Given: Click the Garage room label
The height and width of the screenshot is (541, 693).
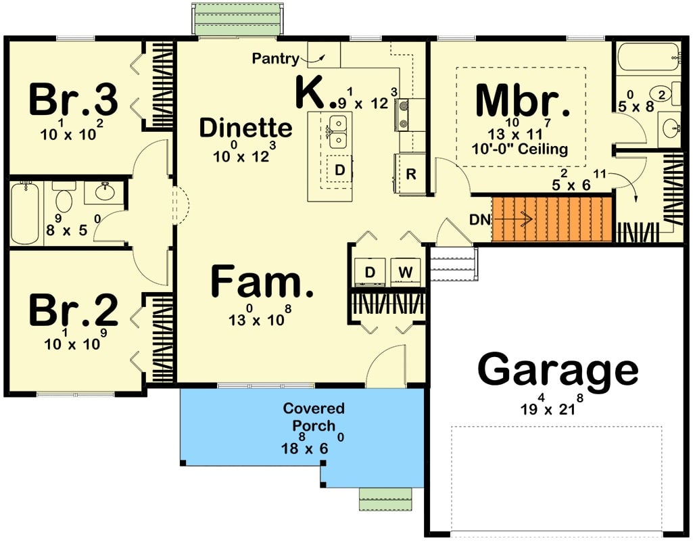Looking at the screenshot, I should point(558,371).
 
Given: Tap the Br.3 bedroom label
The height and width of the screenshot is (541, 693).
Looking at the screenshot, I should point(73,99).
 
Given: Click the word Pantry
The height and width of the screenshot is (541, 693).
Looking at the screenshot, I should point(275,59).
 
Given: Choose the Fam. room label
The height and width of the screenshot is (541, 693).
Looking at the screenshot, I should point(262,282).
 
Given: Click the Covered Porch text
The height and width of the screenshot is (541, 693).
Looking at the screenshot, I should point(314,417).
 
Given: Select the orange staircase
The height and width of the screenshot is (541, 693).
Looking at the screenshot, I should point(551,219).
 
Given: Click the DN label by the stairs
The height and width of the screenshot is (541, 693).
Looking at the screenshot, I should point(480,220).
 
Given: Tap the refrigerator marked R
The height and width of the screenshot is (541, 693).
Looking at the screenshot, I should point(410,174).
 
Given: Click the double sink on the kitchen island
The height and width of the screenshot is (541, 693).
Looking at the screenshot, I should point(337,131).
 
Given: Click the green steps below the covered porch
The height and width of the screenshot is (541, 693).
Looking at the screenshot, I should point(385,498).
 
